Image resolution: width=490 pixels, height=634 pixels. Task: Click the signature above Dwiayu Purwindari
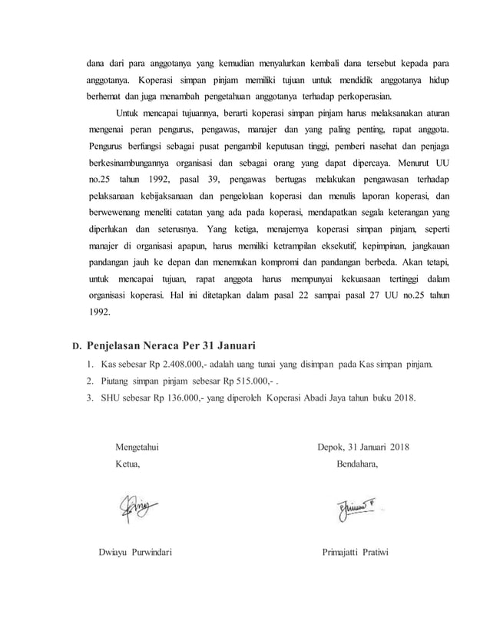point(136,507)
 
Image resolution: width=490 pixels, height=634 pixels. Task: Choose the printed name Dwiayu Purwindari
point(135,554)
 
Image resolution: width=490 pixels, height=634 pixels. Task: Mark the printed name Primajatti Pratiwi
point(356,554)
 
